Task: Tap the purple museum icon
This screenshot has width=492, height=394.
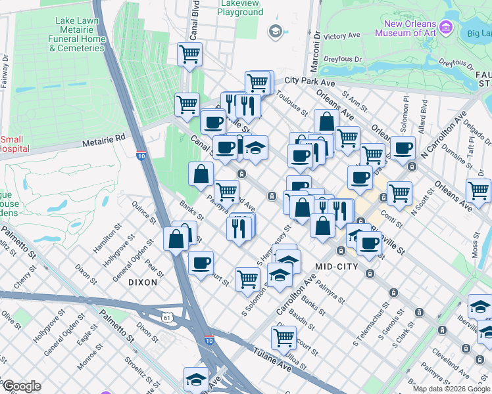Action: [446, 28]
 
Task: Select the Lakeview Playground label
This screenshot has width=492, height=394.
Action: [239, 7]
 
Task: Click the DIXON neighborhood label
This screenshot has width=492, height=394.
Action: [143, 282]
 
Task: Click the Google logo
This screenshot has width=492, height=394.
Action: [21, 386]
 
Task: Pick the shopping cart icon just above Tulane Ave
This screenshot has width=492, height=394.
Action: [283, 338]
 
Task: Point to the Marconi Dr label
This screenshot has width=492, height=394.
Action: [316, 43]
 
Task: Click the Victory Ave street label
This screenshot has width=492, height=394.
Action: [343, 35]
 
